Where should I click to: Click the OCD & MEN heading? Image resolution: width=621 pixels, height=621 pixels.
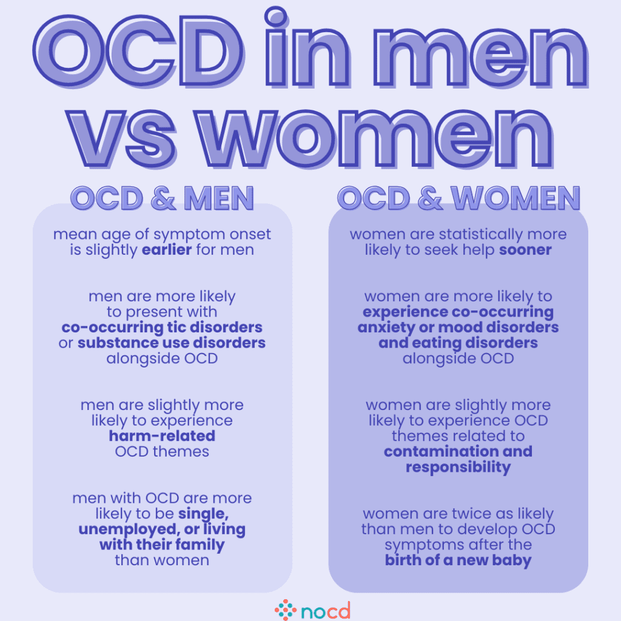tap(162, 199)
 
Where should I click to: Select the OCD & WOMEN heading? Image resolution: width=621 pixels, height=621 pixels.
tap(458, 199)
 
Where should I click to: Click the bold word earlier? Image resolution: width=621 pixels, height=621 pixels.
tap(166, 250)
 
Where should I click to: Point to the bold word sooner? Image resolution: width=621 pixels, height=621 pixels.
tap(525, 250)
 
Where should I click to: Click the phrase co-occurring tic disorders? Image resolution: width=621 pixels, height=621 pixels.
tap(162, 327)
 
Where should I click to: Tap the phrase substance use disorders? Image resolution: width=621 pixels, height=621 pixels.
tap(172, 343)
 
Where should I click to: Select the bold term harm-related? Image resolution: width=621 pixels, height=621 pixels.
tap(162, 436)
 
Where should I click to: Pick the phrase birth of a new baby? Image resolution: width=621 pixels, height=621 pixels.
tap(458, 560)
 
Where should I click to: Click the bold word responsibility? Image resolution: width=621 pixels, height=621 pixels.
tap(458, 467)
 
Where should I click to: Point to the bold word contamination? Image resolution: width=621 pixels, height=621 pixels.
tap(434, 452)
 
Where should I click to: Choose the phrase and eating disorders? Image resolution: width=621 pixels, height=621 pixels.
tap(458, 343)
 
